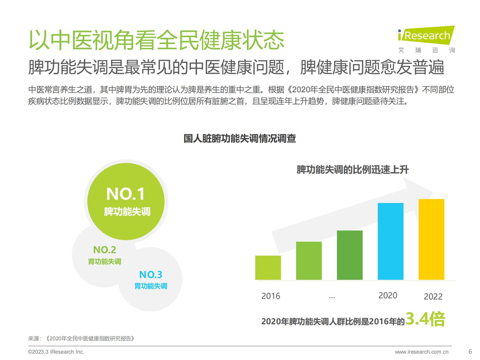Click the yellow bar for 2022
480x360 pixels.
431,239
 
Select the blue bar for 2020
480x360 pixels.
390,241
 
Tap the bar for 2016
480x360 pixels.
268,268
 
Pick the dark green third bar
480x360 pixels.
350,255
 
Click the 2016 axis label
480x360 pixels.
271,296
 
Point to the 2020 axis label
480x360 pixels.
388,295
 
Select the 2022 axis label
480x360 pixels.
433,296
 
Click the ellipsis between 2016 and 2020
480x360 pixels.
332,297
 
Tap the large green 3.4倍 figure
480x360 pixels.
425,319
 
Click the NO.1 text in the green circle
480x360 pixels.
126,194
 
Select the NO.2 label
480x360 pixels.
105,250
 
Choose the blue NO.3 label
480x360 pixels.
151,275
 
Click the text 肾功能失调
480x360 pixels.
105,261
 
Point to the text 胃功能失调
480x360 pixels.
151,286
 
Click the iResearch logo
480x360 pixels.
426,36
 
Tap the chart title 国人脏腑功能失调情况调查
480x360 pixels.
240,139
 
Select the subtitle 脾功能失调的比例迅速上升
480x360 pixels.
352,170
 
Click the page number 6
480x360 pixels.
470,352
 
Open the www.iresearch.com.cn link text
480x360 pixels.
422,352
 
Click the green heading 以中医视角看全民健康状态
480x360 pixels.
156,40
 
